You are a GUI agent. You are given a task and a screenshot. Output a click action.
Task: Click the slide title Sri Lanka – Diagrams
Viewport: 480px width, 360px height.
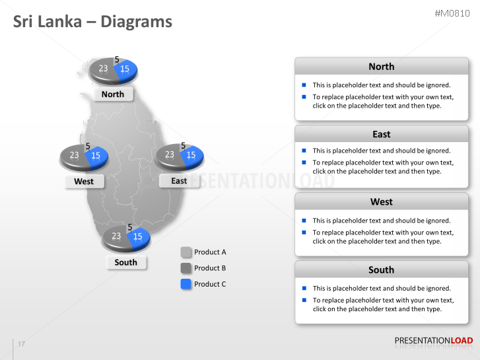click(x=92, y=22)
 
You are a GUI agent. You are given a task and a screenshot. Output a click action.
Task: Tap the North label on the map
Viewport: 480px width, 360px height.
click(x=113, y=94)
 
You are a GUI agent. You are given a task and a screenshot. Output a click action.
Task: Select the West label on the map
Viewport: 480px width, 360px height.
click(x=84, y=182)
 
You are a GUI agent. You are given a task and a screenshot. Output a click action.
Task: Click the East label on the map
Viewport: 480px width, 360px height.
click(x=179, y=181)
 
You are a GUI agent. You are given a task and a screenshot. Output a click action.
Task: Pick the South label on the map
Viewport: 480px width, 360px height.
click(x=125, y=262)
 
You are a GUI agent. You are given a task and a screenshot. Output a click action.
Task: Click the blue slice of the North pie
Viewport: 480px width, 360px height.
click(x=126, y=69)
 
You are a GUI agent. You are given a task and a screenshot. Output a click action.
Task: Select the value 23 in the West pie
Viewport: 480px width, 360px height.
click(x=75, y=156)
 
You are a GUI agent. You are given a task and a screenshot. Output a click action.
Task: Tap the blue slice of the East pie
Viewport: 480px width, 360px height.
click(x=191, y=156)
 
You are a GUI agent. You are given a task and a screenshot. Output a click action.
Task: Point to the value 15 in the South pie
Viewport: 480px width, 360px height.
click(x=138, y=236)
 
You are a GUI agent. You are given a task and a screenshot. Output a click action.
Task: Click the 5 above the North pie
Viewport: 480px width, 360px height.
click(x=117, y=59)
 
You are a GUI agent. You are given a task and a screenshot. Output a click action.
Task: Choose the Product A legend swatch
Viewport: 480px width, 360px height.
click(x=186, y=252)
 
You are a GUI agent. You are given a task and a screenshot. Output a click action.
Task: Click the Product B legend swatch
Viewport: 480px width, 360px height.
click(x=186, y=268)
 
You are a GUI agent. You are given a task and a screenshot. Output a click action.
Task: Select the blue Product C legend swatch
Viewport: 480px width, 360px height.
click(x=186, y=283)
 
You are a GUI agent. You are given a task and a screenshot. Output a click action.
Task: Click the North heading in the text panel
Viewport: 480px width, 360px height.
click(x=381, y=67)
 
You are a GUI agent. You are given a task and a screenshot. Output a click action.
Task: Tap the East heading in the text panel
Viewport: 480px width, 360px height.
click(x=381, y=134)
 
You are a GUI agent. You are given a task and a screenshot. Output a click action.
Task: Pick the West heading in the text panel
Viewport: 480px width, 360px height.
click(x=381, y=201)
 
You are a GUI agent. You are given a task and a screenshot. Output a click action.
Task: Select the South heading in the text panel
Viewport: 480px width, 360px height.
click(x=381, y=270)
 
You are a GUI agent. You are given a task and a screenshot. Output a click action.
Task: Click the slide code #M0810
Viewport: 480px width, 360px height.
click(x=454, y=13)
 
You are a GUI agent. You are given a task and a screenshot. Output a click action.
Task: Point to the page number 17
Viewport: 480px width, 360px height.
click(x=22, y=344)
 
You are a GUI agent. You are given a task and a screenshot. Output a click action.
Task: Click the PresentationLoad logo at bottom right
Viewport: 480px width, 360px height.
click(x=433, y=341)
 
